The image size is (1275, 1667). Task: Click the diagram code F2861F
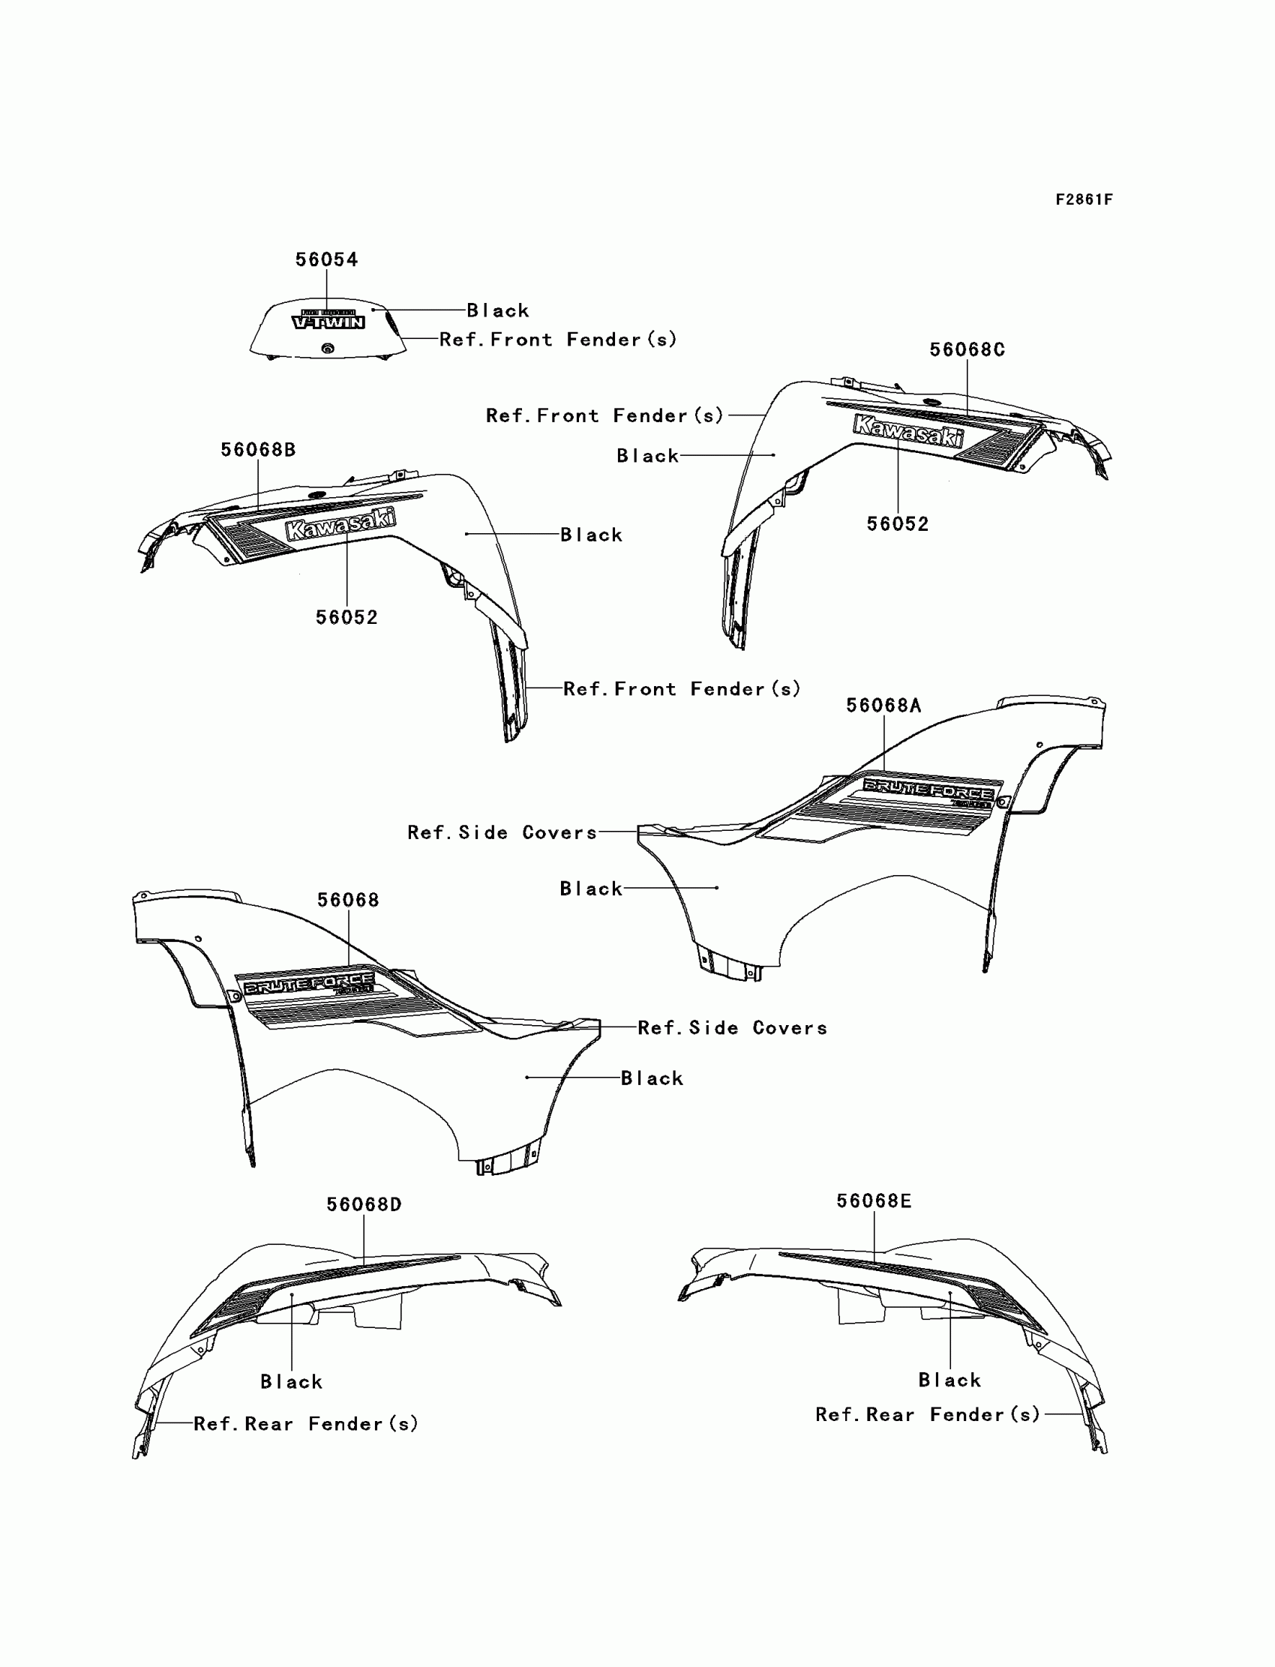(x=1084, y=199)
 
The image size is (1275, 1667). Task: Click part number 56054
(x=326, y=259)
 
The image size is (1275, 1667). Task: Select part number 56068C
(x=967, y=349)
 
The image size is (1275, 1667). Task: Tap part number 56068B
(x=258, y=450)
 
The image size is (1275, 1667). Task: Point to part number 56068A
(x=883, y=706)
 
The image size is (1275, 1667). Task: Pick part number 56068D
(x=364, y=1204)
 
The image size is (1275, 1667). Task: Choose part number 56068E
(x=874, y=1201)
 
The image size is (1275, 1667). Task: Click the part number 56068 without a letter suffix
(x=347, y=900)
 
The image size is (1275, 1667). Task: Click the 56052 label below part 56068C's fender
(x=898, y=524)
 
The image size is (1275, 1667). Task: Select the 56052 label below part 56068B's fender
(x=346, y=618)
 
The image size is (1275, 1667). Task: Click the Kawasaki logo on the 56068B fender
(x=340, y=524)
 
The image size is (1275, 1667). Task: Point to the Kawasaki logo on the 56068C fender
(x=908, y=431)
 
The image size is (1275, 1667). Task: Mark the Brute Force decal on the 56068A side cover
(x=928, y=790)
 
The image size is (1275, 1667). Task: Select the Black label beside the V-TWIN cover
(x=498, y=310)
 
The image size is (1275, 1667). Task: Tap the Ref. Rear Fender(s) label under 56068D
(x=306, y=1423)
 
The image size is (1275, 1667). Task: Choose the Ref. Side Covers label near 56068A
(x=502, y=832)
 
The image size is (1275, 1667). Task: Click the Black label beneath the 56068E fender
(x=949, y=1380)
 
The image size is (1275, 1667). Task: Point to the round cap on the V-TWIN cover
(x=328, y=348)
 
